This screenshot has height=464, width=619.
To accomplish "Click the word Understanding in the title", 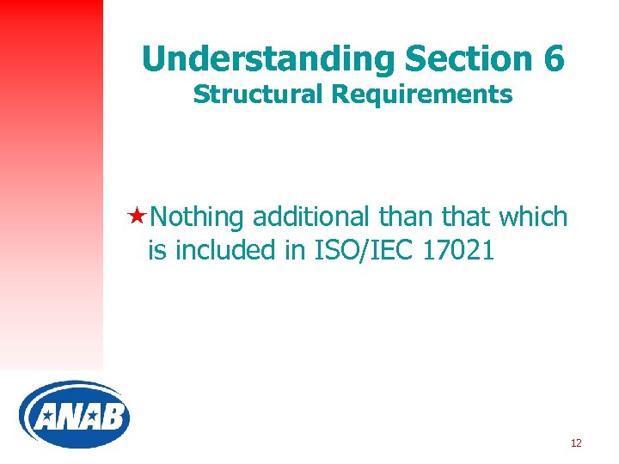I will pyautogui.click(x=267, y=59).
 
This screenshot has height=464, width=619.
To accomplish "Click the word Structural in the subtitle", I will pyautogui.click(x=258, y=95).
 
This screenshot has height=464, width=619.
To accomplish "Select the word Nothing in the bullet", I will pyautogui.click(x=198, y=217).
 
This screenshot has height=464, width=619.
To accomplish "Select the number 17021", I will pyautogui.click(x=459, y=251).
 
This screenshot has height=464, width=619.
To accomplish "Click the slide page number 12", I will pyautogui.click(x=576, y=443).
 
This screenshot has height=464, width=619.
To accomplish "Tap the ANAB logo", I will pyautogui.click(x=75, y=416).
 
